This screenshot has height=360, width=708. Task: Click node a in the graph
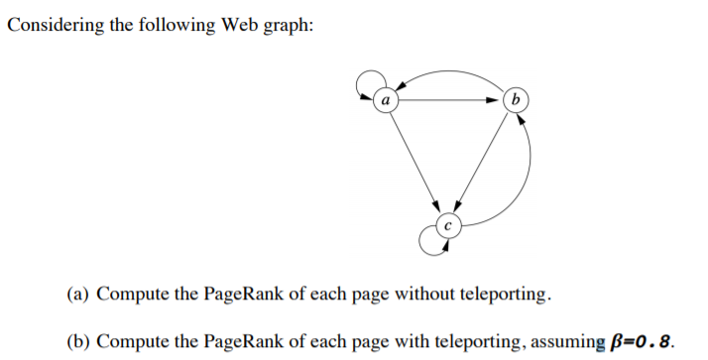coord(385,100)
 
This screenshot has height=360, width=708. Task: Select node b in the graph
coord(515,100)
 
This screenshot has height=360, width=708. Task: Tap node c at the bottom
coord(447,225)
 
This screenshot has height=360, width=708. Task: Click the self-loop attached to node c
coord(429,240)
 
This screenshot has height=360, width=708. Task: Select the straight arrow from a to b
coord(449,100)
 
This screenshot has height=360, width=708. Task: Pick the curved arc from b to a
coord(448,75)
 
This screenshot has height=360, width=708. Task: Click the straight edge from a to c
coord(415,162)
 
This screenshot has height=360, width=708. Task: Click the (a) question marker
coord(78,295)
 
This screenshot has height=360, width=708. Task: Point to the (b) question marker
coord(78,342)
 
